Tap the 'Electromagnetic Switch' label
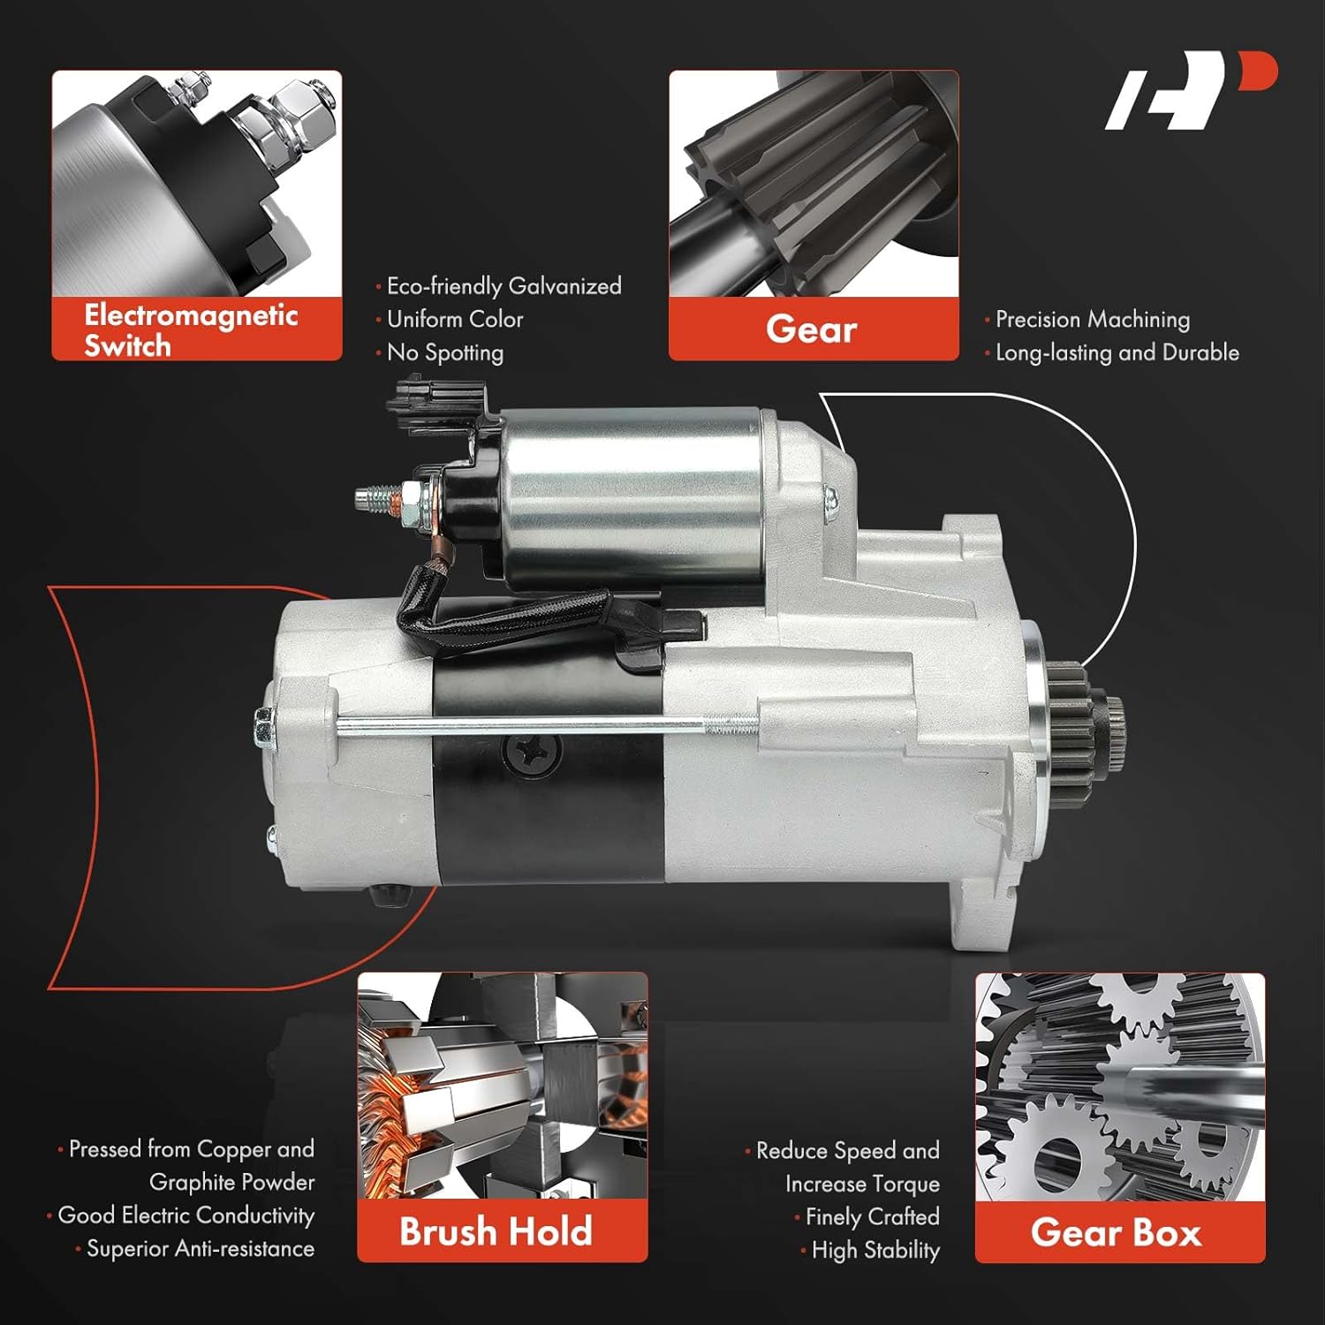tap(191, 329)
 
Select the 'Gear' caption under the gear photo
tap(811, 329)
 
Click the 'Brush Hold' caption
tap(496, 1231)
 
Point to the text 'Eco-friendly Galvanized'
tap(503, 286)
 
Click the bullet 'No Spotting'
tap(444, 352)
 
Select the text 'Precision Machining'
tap(1092, 319)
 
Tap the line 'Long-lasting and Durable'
tap(1117, 352)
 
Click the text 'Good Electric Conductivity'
tap(185, 1215)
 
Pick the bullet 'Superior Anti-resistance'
tap(200, 1248)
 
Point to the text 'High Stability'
tap(874, 1250)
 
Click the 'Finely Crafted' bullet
tap(872, 1216)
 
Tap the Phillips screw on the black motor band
tap(533, 752)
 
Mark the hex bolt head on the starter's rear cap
tap(264, 727)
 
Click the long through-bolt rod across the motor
tap(548, 726)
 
